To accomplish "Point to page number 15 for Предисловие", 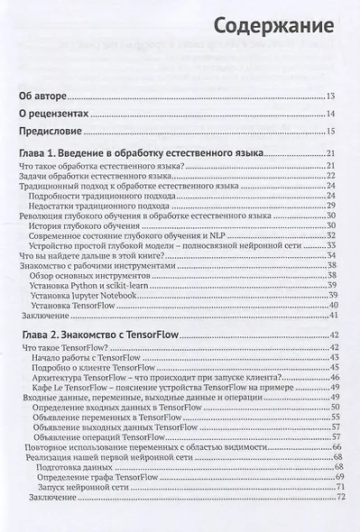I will [331, 133].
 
